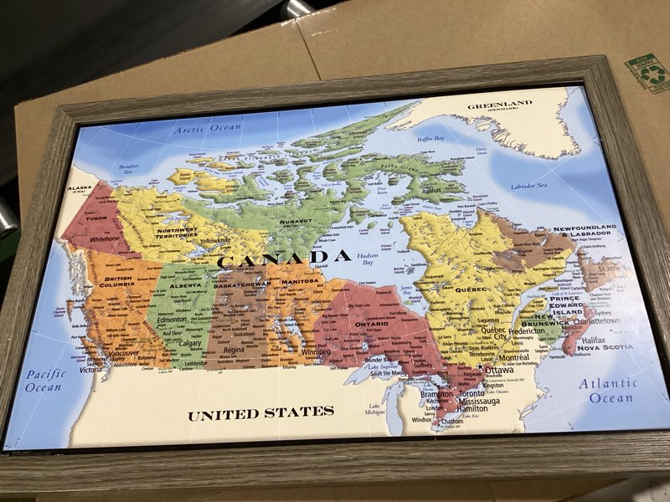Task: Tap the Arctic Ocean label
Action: pyautogui.click(x=207, y=128)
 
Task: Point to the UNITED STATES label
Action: pyautogui.click(x=260, y=413)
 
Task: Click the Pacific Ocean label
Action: pyautogui.click(x=45, y=381)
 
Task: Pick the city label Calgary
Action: pyautogui.click(x=190, y=343)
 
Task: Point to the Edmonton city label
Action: pyautogui.click(x=171, y=320)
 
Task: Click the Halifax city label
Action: pyautogui.click(x=590, y=340)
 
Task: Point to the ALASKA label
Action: pyautogui.click(x=80, y=190)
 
